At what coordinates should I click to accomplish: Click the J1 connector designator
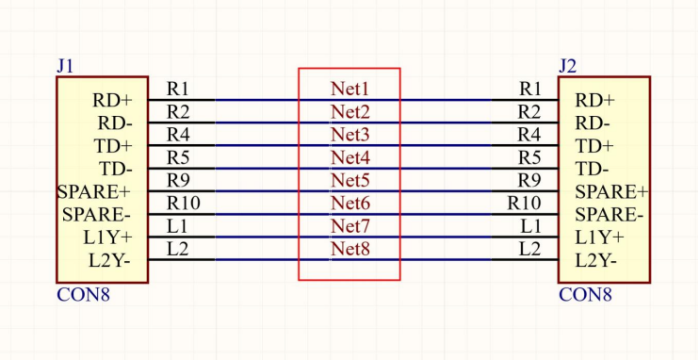click(x=65, y=67)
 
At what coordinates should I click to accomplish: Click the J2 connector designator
click(x=567, y=67)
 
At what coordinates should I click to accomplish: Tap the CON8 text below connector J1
click(x=83, y=295)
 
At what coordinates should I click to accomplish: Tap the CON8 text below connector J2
click(x=585, y=295)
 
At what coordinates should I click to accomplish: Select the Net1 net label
click(x=349, y=89)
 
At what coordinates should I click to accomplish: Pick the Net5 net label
click(x=349, y=181)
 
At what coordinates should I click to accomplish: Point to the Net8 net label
click(x=349, y=250)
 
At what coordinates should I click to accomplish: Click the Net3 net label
click(x=349, y=135)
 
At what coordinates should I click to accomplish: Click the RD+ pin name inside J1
click(x=112, y=101)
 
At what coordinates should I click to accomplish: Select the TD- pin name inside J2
click(x=592, y=170)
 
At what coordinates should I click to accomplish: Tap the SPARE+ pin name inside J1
click(x=94, y=192)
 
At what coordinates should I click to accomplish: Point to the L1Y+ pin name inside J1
click(x=108, y=238)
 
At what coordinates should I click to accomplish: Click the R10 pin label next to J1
click(x=183, y=204)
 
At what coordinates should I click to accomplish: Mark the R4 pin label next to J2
click(x=529, y=135)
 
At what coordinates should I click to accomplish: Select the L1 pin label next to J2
click(x=531, y=226)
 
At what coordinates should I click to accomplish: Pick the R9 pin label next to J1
click(x=178, y=181)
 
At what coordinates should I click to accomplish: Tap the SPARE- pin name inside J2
click(x=609, y=216)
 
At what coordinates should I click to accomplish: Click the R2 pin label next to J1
click(x=178, y=112)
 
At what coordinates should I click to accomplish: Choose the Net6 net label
click(x=349, y=204)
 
